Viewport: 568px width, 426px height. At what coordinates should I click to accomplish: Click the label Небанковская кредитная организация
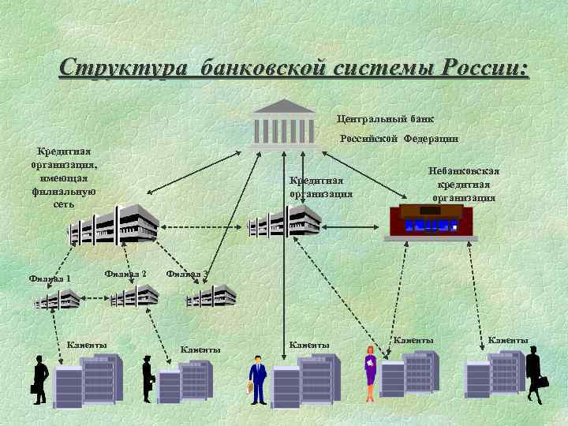[x=463, y=184]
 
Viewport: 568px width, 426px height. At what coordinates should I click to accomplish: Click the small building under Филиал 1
[x=57, y=298]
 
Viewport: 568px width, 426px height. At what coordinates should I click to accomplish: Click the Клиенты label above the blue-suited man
[x=308, y=344]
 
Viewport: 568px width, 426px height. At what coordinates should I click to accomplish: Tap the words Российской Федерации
[x=398, y=139]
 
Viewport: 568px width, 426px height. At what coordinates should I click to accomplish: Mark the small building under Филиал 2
[x=134, y=297]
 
